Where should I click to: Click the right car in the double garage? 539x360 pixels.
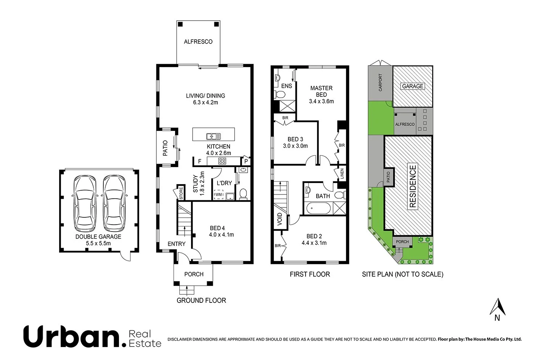(x=114, y=203)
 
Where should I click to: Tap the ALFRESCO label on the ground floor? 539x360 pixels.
(x=198, y=42)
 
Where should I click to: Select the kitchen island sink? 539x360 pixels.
(x=213, y=136)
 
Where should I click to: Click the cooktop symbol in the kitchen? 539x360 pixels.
(x=222, y=161)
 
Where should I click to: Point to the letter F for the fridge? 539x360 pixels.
(x=200, y=161)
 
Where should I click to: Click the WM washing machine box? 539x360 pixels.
(x=219, y=195)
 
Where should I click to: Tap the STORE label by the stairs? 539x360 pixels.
(x=181, y=193)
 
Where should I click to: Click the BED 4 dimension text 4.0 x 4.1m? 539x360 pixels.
(x=221, y=235)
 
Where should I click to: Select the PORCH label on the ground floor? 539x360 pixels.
(x=194, y=274)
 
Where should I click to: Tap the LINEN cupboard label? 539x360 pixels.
(x=342, y=174)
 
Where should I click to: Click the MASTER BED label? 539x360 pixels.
(x=321, y=91)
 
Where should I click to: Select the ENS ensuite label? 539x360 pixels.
(x=286, y=86)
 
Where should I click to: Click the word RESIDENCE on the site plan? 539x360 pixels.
(x=413, y=186)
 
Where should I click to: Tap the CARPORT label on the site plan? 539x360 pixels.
(x=380, y=82)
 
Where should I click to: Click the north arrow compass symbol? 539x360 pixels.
(x=497, y=307)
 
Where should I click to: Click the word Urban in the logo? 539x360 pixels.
(x=72, y=336)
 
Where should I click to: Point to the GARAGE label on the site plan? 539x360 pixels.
(x=412, y=86)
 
